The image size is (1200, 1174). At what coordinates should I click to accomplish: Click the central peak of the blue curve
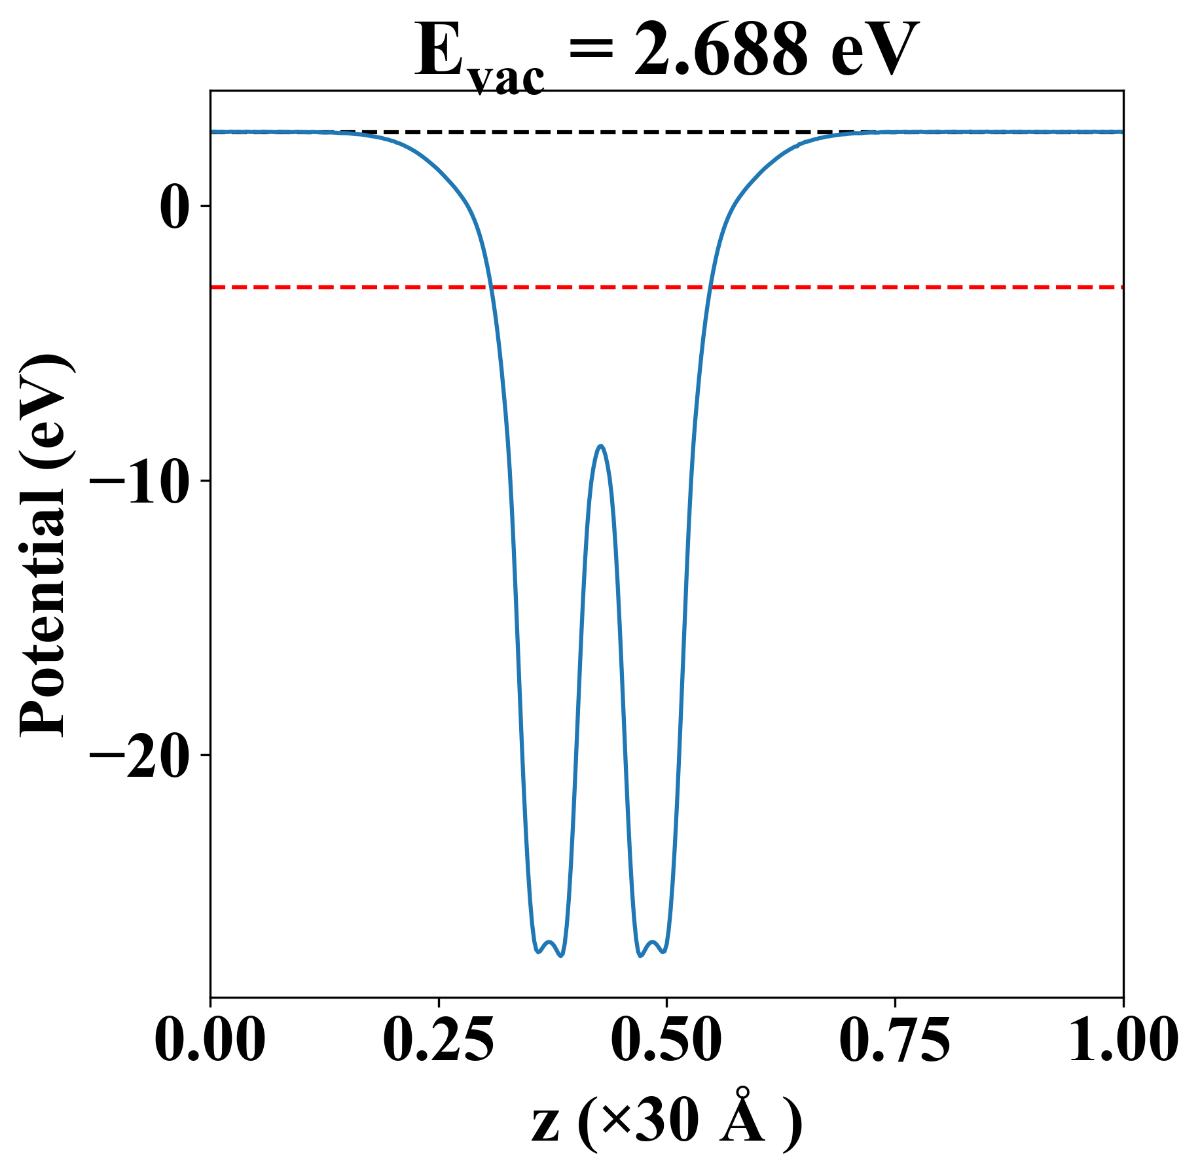pyautogui.click(x=600, y=446)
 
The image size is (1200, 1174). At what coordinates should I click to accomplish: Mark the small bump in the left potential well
pyautogui.click(x=550, y=942)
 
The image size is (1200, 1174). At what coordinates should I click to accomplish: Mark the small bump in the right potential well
pyautogui.click(x=652, y=942)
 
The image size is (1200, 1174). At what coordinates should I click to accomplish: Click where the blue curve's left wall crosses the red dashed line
pyautogui.click(x=491, y=287)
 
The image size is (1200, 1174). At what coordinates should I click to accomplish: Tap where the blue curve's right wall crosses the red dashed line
pyautogui.click(x=710, y=287)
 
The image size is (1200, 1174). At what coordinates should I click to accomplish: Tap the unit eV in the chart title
pyautogui.click(x=874, y=52)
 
